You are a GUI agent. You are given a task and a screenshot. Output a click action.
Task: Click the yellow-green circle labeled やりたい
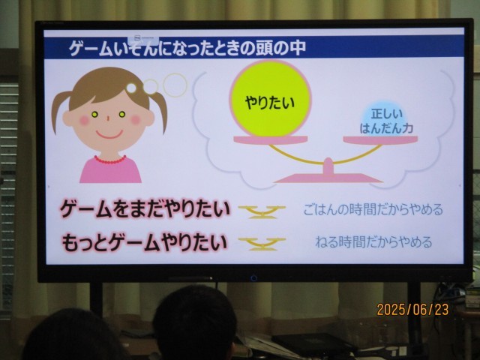(x=270, y=99)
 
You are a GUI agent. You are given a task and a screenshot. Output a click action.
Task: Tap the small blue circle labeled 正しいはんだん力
(x=386, y=121)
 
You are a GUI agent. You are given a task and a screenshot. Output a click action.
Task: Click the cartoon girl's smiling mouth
(x=109, y=134)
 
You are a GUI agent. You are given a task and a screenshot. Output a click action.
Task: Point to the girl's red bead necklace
(x=110, y=160)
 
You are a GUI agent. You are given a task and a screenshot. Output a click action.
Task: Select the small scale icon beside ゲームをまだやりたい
(x=262, y=211)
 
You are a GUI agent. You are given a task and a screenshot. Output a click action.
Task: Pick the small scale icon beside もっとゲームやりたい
(x=262, y=244)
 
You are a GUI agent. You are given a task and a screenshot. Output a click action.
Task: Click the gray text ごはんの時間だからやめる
(x=373, y=210)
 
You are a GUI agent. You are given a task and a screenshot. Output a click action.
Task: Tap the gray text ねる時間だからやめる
(x=373, y=242)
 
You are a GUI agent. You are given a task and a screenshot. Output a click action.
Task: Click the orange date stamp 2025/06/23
(x=412, y=310)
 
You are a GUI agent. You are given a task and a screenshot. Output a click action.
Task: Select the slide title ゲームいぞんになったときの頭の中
(x=187, y=48)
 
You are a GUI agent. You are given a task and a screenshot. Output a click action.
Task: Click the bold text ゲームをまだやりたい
(x=145, y=209)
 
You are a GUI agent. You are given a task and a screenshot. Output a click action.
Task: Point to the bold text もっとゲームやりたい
(x=145, y=242)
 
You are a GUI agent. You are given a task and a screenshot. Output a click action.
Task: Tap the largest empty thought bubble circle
(x=175, y=85)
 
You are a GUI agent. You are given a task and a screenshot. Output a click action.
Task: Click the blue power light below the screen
(x=253, y=278)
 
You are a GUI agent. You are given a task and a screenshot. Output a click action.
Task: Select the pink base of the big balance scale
(x=328, y=178)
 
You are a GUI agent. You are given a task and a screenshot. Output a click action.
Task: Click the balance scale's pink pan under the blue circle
(x=380, y=140)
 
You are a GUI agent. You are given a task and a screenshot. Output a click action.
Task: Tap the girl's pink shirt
(x=110, y=170)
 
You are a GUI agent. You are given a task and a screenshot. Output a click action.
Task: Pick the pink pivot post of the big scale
(x=328, y=166)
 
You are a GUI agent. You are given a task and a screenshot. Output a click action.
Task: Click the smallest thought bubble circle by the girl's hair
(x=131, y=88)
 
